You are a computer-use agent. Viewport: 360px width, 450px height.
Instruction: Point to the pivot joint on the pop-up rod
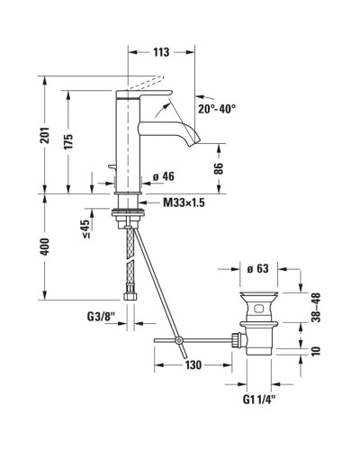(180, 340)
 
